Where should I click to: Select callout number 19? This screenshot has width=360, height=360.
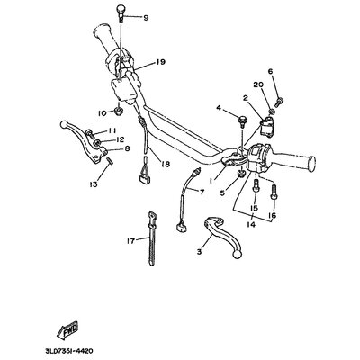pos(161,62)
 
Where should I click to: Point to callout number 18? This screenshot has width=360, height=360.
pos(166,165)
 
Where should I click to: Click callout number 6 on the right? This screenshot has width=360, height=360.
pos(269,71)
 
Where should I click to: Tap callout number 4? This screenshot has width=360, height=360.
pos(219,108)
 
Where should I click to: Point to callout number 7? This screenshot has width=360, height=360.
pos(202,192)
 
